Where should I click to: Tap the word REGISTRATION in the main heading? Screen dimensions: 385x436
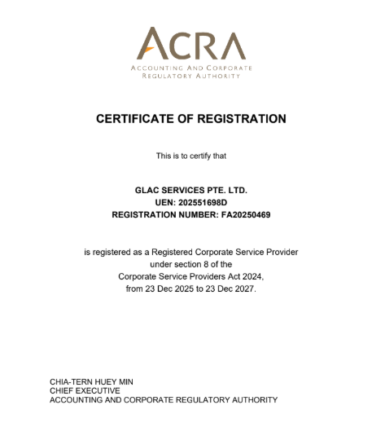click(x=241, y=119)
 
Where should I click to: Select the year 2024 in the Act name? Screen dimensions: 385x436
click(x=252, y=277)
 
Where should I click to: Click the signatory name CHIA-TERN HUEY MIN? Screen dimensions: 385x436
click(x=91, y=381)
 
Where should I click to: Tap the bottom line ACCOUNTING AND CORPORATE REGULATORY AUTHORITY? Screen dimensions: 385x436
click(x=164, y=400)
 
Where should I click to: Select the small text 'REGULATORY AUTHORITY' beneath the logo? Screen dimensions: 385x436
click(x=191, y=76)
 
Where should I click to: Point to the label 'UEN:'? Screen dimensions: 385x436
click(x=164, y=202)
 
